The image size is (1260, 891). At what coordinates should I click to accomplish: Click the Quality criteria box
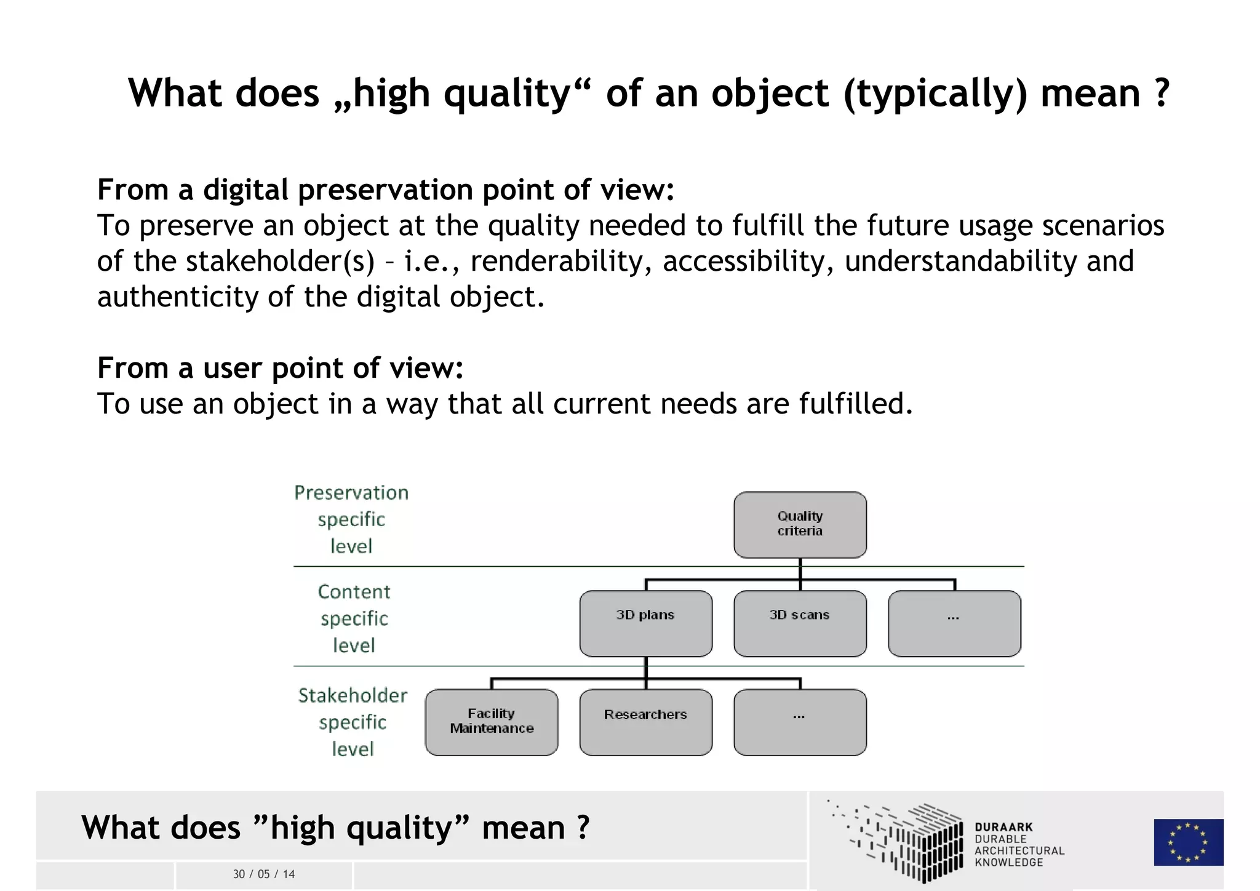click(800, 524)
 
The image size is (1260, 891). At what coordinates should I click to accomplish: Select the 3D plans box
click(645, 623)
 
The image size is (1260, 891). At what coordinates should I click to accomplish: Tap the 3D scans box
click(800, 623)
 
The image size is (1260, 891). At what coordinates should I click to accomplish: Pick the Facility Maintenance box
click(491, 722)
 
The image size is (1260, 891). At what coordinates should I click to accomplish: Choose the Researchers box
click(645, 722)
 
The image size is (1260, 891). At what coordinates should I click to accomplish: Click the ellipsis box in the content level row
click(954, 623)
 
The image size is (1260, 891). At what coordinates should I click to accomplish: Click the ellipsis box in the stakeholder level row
click(800, 722)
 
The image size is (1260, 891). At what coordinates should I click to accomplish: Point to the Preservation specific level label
click(351, 519)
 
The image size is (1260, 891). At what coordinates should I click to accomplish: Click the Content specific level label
click(354, 618)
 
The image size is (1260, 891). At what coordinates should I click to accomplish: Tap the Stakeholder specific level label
click(353, 722)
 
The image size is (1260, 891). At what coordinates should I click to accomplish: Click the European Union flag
click(1188, 842)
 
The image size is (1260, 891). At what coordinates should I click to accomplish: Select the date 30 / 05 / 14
click(264, 874)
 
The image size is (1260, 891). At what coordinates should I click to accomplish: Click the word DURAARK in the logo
click(1003, 827)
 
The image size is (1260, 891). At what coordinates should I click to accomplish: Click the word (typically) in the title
click(935, 94)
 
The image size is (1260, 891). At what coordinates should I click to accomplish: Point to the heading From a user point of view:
click(280, 368)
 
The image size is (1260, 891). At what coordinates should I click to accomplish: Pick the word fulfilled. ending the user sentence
click(856, 404)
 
